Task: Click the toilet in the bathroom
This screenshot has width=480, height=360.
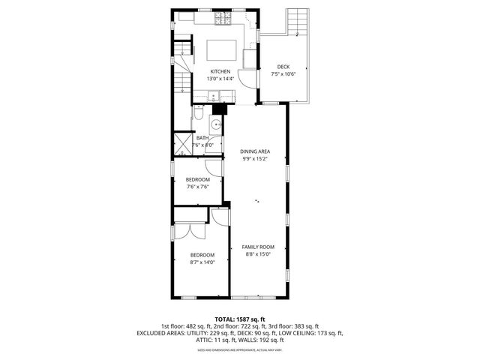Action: point(198,113)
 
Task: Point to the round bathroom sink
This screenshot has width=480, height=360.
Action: point(215,124)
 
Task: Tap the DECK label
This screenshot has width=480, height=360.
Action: point(283,67)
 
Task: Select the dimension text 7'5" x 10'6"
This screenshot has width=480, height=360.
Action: point(283,73)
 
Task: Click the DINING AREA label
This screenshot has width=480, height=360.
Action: point(255,151)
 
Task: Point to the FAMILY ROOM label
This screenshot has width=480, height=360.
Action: point(257,247)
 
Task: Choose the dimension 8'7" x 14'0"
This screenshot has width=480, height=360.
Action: point(202,262)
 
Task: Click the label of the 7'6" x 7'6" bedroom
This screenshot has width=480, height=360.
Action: point(197,180)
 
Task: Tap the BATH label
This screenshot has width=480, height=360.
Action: point(202,138)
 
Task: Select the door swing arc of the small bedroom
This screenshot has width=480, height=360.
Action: point(213,168)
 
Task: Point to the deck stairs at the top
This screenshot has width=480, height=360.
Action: point(298,22)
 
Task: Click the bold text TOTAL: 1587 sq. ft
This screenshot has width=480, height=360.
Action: point(239,319)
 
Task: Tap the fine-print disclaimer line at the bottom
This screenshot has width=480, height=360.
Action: point(239,349)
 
